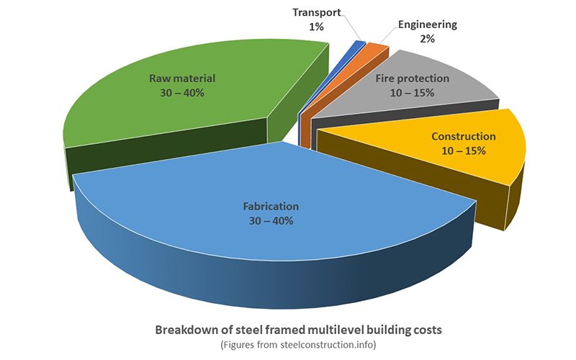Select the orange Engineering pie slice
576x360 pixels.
click(x=376, y=53)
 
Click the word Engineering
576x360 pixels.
click(x=427, y=24)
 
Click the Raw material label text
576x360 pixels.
click(x=182, y=78)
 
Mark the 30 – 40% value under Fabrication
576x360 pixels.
click(x=267, y=220)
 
